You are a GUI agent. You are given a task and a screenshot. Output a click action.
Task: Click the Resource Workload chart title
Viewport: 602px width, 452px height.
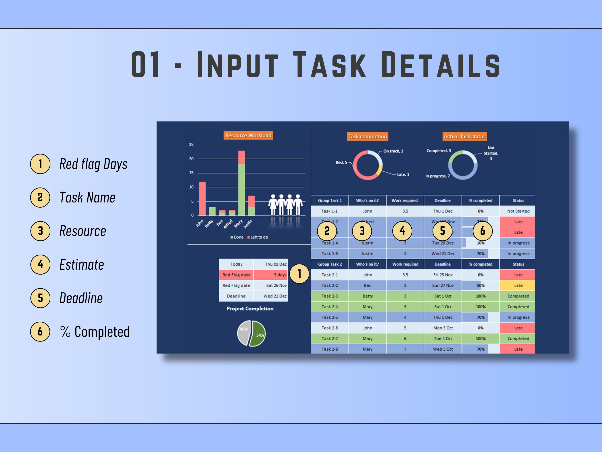(248, 135)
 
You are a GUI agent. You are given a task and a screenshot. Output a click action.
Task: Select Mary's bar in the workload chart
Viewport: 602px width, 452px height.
(241, 185)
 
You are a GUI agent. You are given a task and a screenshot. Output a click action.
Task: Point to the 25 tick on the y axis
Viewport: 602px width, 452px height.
(191, 145)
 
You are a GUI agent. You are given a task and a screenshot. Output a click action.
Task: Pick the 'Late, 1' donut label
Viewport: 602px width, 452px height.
(403, 175)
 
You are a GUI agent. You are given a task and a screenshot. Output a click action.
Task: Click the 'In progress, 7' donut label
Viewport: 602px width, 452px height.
(437, 176)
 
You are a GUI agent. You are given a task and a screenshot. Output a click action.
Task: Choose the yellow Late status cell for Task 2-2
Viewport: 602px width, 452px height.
(518, 285)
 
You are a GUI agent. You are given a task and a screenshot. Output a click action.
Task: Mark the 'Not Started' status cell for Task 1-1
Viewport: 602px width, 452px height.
(518, 211)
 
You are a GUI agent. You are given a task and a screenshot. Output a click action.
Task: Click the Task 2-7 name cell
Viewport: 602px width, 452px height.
(330, 338)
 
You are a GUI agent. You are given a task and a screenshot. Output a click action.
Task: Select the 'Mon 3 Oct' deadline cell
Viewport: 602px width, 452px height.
(443, 328)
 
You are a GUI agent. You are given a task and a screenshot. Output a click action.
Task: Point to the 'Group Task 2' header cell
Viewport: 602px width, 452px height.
(330, 264)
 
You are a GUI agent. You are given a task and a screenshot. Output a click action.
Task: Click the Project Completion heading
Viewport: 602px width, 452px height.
(250, 308)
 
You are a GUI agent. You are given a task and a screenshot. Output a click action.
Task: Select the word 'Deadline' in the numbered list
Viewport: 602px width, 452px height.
(81, 298)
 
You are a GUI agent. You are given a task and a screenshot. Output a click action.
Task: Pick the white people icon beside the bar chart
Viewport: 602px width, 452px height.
(285, 205)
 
